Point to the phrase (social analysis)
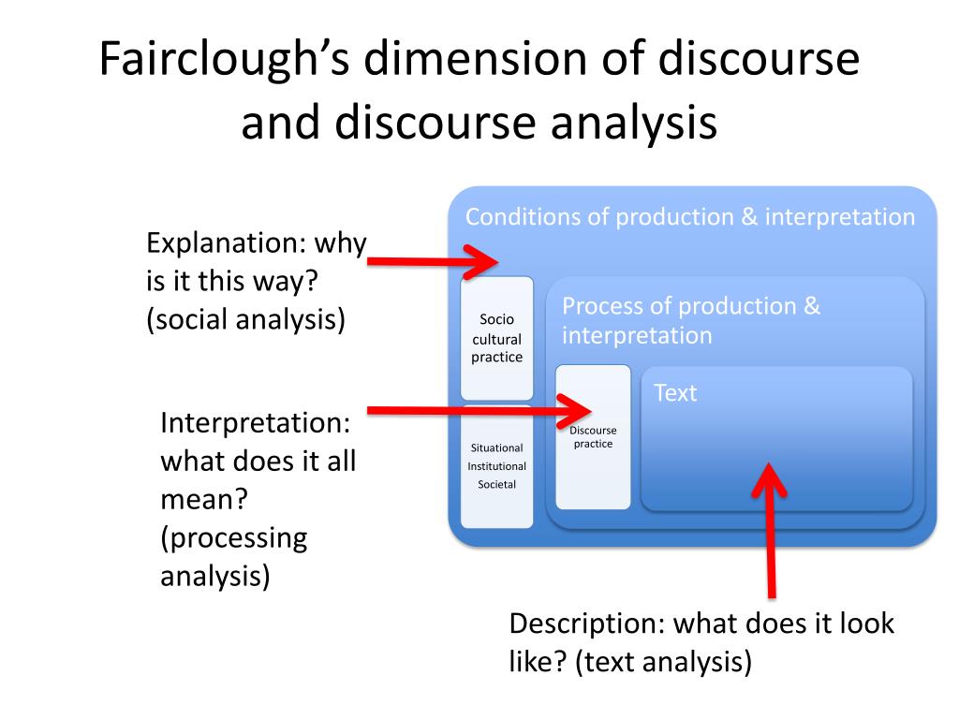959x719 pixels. (x=245, y=319)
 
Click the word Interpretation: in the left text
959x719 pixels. (x=255, y=422)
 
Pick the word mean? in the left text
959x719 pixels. (x=203, y=499)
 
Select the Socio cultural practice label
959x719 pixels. (x=497, y=338)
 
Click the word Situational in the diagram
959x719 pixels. (x=496, y=448)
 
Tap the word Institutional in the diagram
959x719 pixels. (x=497, y=466)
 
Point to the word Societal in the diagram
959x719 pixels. (x=496, y=484)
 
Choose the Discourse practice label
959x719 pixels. (x=593, y=436)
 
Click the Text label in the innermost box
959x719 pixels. (x=675, y=393)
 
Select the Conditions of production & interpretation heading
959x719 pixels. (x=690, y=217)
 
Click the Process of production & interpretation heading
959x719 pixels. (x=690, y=320)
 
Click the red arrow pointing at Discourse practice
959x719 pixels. (x=478, y=410)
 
